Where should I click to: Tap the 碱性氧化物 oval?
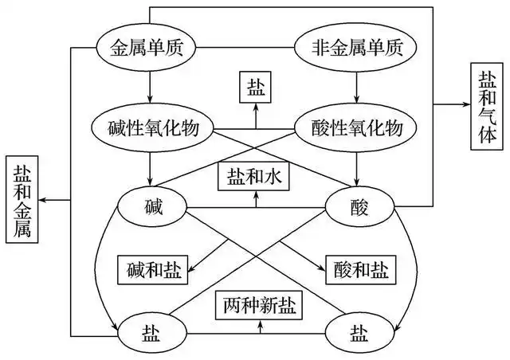click(150, 127)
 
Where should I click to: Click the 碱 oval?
click(150, 208)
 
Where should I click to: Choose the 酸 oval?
click(355, 208)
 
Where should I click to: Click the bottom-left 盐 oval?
click(150, 328)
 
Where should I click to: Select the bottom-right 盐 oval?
click(355, 328)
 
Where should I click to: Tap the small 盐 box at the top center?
click(254, 87)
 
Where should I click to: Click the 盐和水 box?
click(254, 175)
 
